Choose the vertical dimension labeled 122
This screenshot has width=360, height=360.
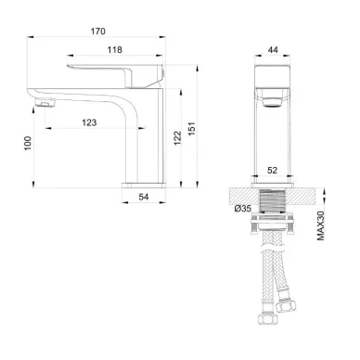point(177,136)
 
